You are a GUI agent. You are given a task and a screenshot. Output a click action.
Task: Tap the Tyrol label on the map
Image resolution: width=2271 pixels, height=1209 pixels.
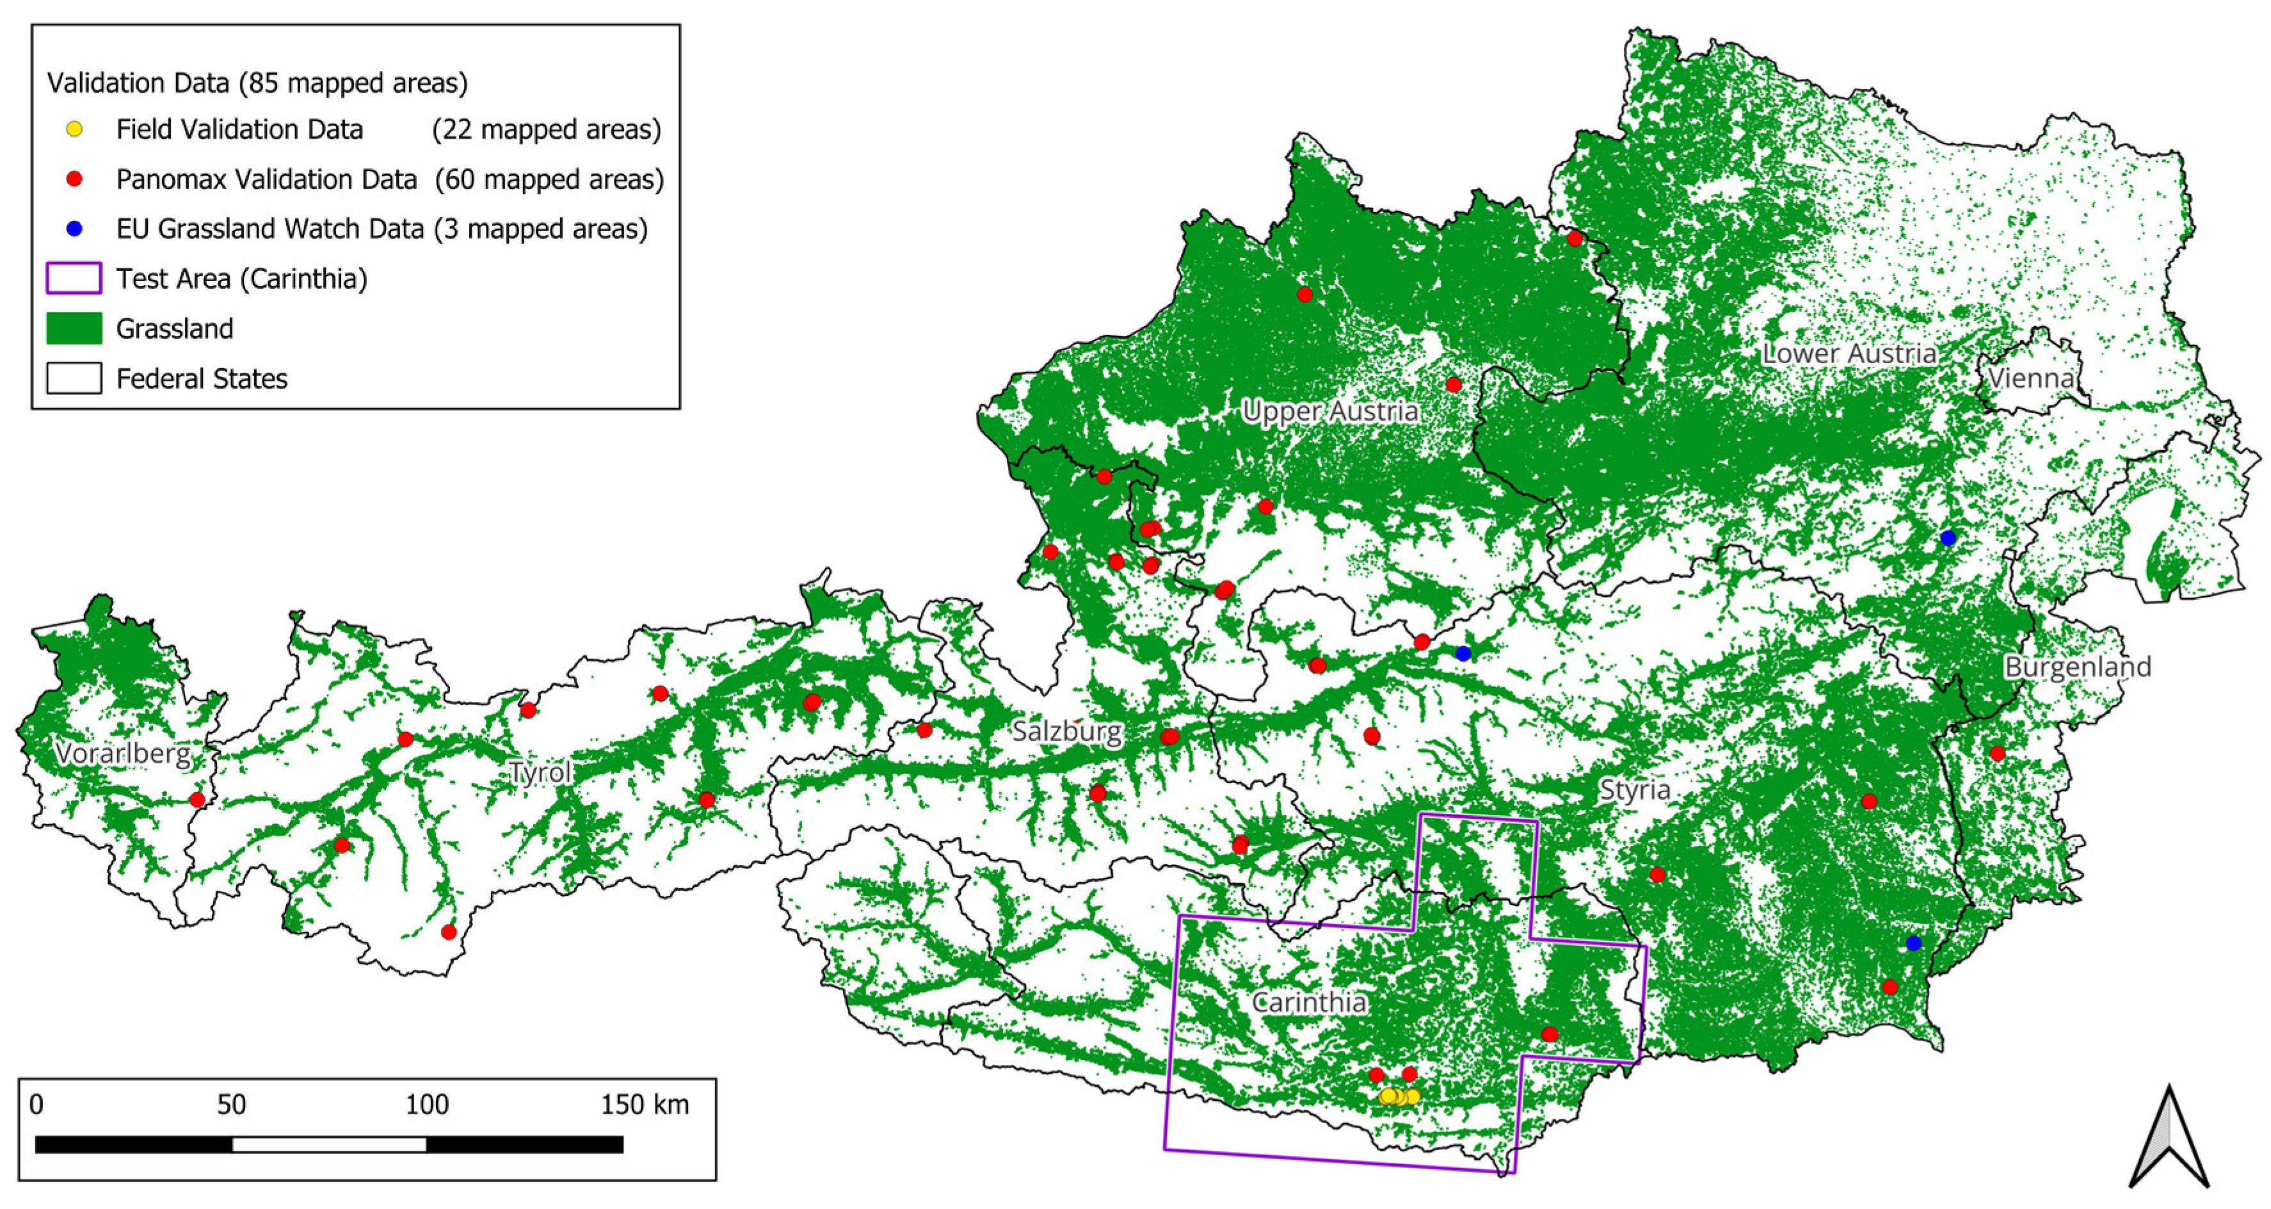540,772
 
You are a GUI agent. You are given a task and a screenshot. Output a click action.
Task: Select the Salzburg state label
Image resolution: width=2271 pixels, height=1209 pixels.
1067,731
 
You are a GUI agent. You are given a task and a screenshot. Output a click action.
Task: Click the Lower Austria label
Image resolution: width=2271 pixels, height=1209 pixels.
1849,353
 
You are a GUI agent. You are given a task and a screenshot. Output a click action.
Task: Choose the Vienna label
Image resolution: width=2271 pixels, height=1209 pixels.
2030,379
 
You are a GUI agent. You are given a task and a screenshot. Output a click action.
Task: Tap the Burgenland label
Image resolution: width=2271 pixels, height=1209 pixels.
2077,667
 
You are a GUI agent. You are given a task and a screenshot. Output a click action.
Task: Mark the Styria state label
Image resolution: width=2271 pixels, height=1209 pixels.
1635,790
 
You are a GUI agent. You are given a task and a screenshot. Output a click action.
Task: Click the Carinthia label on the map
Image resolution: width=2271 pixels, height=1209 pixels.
1309,1003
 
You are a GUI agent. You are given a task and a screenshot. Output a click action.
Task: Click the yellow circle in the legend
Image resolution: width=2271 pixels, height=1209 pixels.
75,129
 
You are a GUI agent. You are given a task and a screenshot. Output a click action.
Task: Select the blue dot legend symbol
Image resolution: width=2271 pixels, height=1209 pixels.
75,229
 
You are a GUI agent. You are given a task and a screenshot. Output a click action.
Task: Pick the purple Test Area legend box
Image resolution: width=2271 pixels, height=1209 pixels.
74,279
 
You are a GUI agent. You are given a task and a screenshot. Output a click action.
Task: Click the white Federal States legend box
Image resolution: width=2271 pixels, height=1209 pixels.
74,378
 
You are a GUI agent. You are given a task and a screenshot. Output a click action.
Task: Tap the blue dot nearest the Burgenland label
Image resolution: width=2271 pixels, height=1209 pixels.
1948,538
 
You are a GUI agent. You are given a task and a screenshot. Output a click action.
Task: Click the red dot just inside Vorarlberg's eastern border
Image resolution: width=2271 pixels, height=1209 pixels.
198,800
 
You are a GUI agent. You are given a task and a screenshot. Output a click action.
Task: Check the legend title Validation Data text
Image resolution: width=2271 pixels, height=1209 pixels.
257,83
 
